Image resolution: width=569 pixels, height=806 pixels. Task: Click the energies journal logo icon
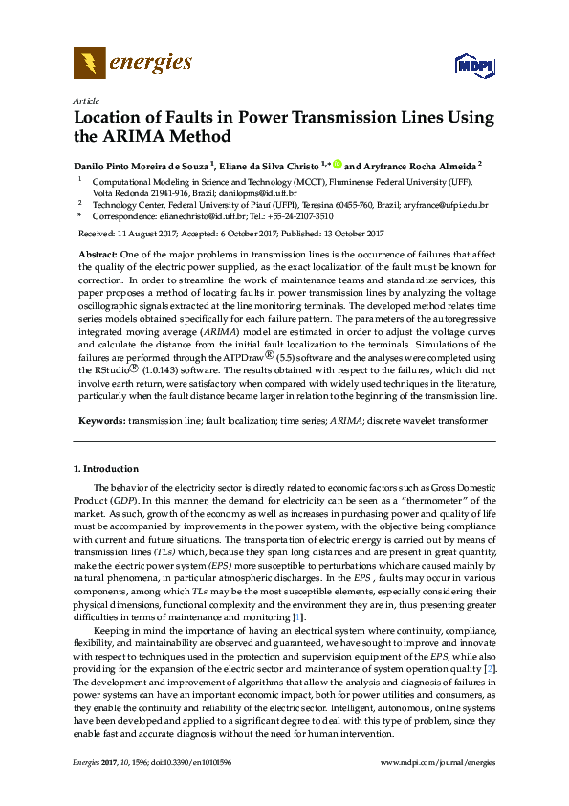pyautogui.click(x=90, y=64)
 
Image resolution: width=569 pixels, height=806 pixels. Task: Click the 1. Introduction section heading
pyautogui.click(x=106, y=469)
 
